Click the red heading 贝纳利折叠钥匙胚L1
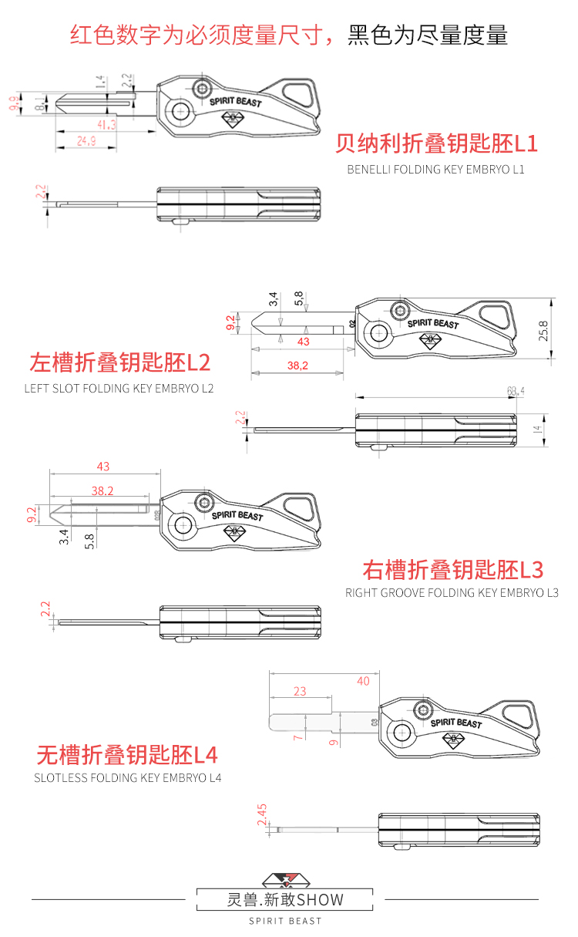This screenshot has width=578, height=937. coord(436,143)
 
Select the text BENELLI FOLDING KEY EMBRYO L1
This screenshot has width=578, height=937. coord(435,169)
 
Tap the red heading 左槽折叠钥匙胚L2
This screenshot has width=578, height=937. coord(119,362)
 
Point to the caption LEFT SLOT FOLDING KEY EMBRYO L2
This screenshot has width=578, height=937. coord(119,388)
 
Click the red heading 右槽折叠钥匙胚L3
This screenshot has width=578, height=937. coord(453,570)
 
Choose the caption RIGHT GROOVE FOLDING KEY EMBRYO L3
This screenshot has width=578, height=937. coord(452,593)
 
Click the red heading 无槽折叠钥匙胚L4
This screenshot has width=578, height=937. coord(128,753)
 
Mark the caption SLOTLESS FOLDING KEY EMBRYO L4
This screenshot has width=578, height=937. coord(128,778)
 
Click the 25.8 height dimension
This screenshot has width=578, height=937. coord(543,331)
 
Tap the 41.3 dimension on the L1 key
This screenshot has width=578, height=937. coord(106,124)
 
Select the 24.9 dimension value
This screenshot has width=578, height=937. coord(86,140)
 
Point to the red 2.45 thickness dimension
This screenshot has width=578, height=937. coord(262,815)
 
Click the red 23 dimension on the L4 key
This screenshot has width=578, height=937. coord(300,692)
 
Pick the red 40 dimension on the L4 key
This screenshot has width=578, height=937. coord(363,681)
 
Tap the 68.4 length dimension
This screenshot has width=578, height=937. coord(516,392)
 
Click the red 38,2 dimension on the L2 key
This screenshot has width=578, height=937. coord(297,366)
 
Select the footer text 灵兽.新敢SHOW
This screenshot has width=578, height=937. coord(285,899)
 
